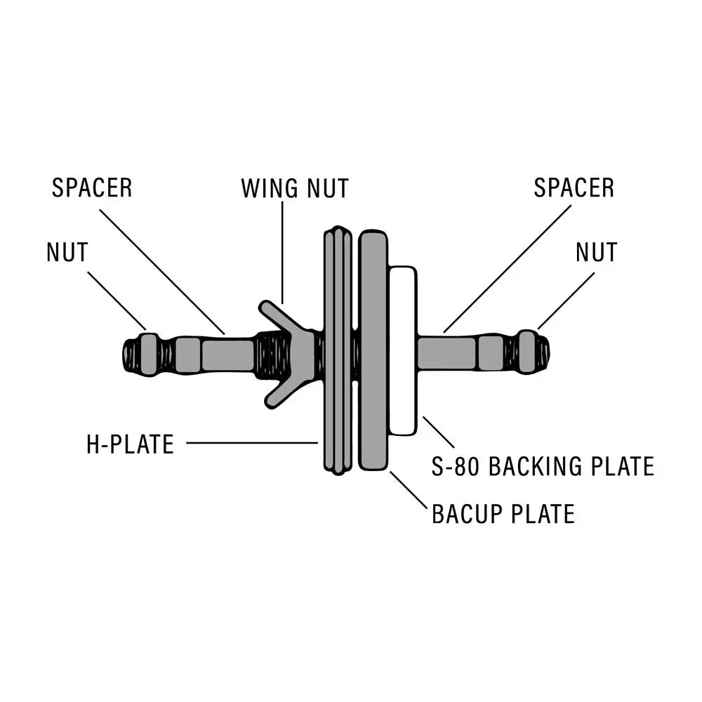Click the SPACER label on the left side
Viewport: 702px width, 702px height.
[92, 188]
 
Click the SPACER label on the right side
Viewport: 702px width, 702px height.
[574, 188]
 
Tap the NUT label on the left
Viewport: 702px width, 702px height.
[67, 252]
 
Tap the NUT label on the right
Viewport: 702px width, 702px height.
[596, 252]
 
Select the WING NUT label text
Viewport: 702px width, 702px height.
[295, 188]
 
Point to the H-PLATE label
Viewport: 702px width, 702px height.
[130, 444]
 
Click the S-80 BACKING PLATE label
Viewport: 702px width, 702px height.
[543, 466]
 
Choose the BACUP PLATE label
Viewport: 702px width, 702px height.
[503, 514]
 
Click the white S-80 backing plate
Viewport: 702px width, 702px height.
[402, 350]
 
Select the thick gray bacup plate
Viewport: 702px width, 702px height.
[373, 350]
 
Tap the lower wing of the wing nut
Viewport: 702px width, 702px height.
[281, 392]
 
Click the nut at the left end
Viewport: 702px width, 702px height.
[149, 354]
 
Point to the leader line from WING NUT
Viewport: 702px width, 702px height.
[282, 253]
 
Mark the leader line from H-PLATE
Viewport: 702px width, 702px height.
[253, 443]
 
